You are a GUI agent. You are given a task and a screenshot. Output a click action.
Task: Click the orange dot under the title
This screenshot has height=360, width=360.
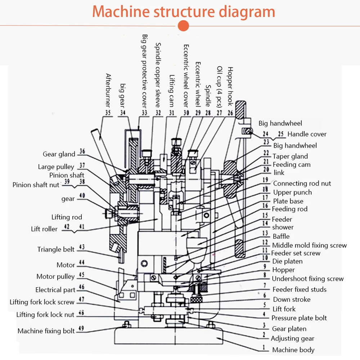pyautogui.click(x=184, y=26)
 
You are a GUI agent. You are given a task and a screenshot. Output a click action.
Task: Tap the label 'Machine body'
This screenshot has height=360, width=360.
pyautogui.click(x=293, y=350)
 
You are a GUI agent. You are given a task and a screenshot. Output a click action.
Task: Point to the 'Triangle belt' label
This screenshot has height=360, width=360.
pyautogui.click(x=56, y=249)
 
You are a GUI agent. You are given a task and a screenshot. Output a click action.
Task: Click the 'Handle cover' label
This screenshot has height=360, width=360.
pyautogui.click(x=307, y=134)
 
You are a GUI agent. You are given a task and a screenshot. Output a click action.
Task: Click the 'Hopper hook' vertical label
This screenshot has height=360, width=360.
pyautogui.click(x=230, y=86)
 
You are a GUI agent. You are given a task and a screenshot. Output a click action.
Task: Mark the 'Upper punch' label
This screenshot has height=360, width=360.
pyautogui.click(x=292, y=192)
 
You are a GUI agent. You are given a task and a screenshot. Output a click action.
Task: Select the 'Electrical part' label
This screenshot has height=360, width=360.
pyautogui.click(x=55, y=290)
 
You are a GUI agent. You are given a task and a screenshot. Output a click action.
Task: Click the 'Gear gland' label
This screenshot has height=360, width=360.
pyautogui.click(x=59, y=154)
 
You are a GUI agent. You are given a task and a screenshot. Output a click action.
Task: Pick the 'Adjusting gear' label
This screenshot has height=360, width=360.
pyautogui.click(x=292, y=338)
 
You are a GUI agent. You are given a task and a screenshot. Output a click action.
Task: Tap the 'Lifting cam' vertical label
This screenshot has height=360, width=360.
pyautogui.click(x=172, y=91)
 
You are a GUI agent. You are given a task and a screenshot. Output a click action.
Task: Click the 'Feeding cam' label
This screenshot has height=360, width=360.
pyautogui.click(x=291, y=165)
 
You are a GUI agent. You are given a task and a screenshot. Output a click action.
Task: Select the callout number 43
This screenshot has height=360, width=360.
pyautogui.click(x=82, y=247)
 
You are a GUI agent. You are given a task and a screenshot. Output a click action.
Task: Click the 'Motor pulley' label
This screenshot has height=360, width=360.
pyautogui.click(x=55, y=276)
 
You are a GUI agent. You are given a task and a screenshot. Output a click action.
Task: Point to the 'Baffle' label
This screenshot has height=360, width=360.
pyautogui.click(x=281, y=236)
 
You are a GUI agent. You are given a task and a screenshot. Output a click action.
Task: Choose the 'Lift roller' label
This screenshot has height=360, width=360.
pyautogui.click(x=44, y=229)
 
